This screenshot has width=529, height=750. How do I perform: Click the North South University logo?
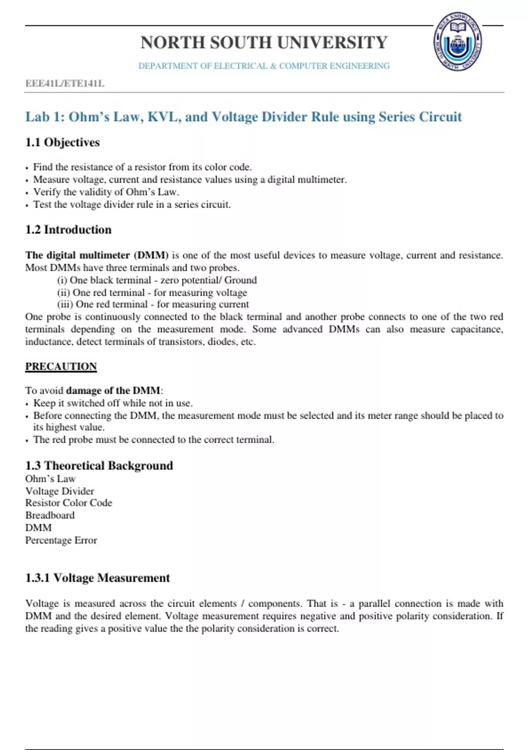coord(458,42)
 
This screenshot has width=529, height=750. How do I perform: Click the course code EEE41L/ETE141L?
coord(65,83)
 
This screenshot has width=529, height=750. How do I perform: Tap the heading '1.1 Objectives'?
coord(63,142)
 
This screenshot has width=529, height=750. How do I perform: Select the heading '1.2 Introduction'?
coord(68,230)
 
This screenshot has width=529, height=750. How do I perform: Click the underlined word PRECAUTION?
coord(61,367)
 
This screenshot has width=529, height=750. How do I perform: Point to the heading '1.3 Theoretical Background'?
coord(99,466)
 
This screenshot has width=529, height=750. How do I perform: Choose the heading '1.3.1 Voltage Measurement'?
coord(97,578)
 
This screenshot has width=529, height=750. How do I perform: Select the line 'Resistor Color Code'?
coord(69,503)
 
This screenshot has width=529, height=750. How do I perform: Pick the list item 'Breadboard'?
coord(50,515)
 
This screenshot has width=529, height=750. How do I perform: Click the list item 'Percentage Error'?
coord(61,540)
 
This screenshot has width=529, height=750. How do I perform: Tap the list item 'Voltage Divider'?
coord(60,491)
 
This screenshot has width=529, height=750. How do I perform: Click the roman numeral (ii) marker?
coord(63,292)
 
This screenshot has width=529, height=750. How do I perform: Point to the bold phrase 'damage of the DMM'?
coord(113,390)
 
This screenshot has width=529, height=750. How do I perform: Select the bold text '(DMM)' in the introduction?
coord(151,255)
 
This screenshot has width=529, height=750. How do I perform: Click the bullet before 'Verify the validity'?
coord(27,193)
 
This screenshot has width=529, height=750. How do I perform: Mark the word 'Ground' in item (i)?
coord(241,280)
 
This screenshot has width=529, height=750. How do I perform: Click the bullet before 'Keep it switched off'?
coord(27,404)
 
